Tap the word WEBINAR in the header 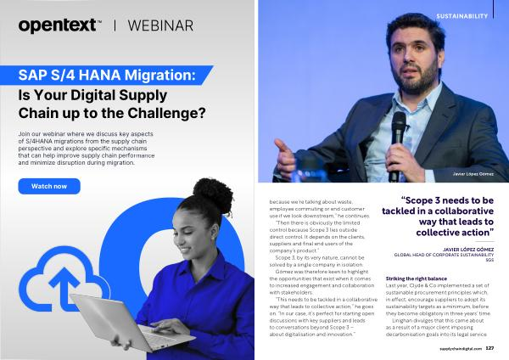(x=160, y=26)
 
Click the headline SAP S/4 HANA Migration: (x=107, y=75)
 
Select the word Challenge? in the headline (x=166, y=113)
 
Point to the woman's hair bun (x=213, y=195)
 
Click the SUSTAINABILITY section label (x=462, y=16)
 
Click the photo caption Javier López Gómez (x=473, y=174)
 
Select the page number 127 (x=489, y=348)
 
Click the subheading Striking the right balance (x=417, y=278)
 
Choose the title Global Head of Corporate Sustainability (x=444, y=255)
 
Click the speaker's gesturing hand (x=285, y=157)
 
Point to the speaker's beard (x=418, y=79)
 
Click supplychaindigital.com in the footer (x=461, y=349)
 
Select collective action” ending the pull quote (x=455, y=233)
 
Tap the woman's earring (x=214, y=237)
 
